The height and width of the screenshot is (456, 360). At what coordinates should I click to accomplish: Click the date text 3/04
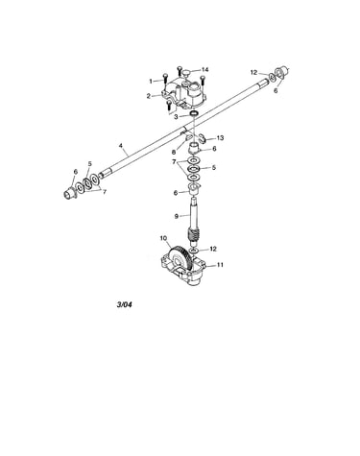tap(124, 304)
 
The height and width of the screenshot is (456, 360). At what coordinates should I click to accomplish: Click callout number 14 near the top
tap(204, 69)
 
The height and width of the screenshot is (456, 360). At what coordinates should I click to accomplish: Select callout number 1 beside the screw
tap(151, 82)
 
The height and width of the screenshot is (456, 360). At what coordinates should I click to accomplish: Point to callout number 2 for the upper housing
tap(149, 96)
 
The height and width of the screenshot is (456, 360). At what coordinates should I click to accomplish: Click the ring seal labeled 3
tap(194, 113)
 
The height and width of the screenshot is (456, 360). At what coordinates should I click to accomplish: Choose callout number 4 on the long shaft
tap(121, 146)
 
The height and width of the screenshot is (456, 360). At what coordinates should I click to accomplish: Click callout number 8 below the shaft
tap(174, 153)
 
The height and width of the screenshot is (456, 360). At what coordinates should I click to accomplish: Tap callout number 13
tap(220, 138)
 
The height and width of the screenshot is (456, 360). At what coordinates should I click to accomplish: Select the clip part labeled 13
tap(202, 138)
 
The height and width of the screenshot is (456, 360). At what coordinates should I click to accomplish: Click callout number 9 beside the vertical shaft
tap(177, 216)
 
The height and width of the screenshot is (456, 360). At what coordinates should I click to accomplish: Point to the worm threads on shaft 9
tap(192, 237)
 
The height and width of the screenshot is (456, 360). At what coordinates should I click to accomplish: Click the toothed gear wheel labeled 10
tap(181, 257)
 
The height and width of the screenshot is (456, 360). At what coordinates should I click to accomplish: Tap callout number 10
tap(163, 238)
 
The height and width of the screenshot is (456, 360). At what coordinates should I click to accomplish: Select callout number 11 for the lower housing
tap(220, 265)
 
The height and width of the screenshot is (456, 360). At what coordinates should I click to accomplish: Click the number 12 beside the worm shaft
tap(213, 249)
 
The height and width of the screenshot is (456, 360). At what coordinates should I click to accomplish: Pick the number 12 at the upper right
tap(253, 73)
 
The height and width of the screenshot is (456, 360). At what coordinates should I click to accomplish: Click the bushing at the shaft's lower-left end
tap(68, 194)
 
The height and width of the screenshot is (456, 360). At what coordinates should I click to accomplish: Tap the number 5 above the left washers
tap(89, 163)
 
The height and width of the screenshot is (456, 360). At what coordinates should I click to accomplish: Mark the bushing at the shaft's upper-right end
tap(281, 73)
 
